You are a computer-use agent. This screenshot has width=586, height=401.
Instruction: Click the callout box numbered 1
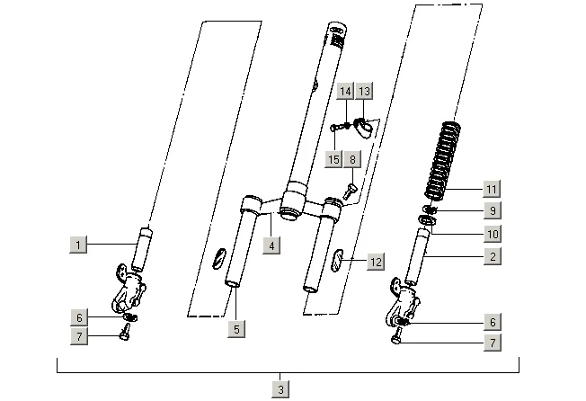click(78, 245)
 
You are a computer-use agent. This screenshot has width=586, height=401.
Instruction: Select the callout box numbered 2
click(493, 256)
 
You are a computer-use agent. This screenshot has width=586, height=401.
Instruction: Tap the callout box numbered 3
click(280, 389)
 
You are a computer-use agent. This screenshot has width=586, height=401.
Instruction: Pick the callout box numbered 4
click(271, 245)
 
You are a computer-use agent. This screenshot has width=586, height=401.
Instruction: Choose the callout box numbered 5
click(236, 329)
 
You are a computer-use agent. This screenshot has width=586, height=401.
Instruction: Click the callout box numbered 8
click(353, 159)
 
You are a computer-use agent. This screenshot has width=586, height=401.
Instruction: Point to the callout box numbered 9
click(493, 210)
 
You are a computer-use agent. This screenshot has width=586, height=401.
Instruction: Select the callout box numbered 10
click(493, 234)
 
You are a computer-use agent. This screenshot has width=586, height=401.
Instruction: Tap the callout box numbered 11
click(492, 189)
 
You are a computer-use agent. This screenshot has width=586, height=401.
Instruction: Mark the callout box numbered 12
click(376, 262)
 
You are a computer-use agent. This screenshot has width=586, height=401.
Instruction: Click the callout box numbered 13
click(364, 91)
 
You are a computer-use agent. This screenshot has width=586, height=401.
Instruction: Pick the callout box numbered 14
click(345, 91)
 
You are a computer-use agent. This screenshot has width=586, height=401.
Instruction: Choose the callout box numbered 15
click(333, 159)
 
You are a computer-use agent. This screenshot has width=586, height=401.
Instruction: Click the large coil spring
click(443, 161)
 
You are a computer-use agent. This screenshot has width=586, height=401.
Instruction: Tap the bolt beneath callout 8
click(350, 191)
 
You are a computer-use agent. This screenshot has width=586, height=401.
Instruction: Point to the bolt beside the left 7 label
click(125, 333)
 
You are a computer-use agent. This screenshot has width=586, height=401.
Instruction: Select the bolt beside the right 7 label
click(396, 336)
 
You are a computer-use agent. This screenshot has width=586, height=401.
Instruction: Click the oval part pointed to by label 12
click(337, 260)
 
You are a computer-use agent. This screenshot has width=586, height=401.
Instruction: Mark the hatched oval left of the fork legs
click(219, 258)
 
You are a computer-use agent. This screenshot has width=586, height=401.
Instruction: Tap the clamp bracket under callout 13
click(364, 127)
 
